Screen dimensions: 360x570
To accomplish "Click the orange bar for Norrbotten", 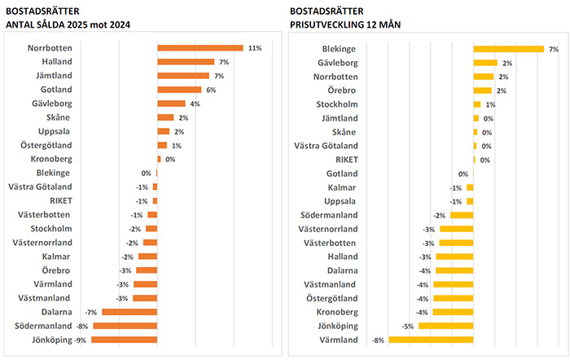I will pos(199,48).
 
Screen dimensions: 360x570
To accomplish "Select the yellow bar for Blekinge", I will pos(508,49).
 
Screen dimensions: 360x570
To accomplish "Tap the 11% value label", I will pos(255,48).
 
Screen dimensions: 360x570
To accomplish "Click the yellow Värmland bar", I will pos(431,340).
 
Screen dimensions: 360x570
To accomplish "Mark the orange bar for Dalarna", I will pos(129,312).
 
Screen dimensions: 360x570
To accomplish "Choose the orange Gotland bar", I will pos(179,90).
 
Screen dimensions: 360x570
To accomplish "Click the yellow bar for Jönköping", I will pos(446,326).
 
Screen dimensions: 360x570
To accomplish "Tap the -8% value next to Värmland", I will pos(378,340).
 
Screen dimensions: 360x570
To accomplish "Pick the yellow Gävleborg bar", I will pos(484,63).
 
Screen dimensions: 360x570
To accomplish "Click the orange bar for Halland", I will pos(185,62).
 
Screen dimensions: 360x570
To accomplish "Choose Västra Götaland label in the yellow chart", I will pos(325,146).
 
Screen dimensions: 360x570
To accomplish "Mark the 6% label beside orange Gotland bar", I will pos(210,90).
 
